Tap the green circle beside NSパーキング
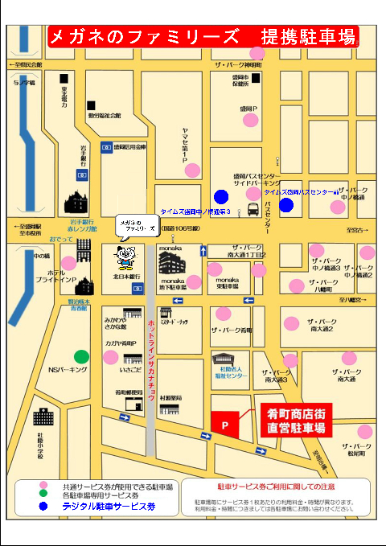pyautogui.click(x=81, y=356)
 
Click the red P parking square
pyautogui.click(x=225, y=423)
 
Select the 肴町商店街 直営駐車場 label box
pyautogui.click(x=296, y=421)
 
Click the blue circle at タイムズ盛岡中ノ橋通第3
pyautogui.click(x=221, y=195)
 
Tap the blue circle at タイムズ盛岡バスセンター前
pyautogui.click(x=286, y=204)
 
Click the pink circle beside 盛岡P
pyautogui.click(x=251, y=120)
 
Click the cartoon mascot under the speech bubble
pyautogui.click(x=125, y=256)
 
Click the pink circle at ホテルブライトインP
pyautogui.click(x=68, y=262)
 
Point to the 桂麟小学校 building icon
pyautogui.click(x=43, y=417)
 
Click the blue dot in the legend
pyautogui.click(x=44, y=507)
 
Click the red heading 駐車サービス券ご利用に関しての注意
pyautogui.click(x=276, y=486)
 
